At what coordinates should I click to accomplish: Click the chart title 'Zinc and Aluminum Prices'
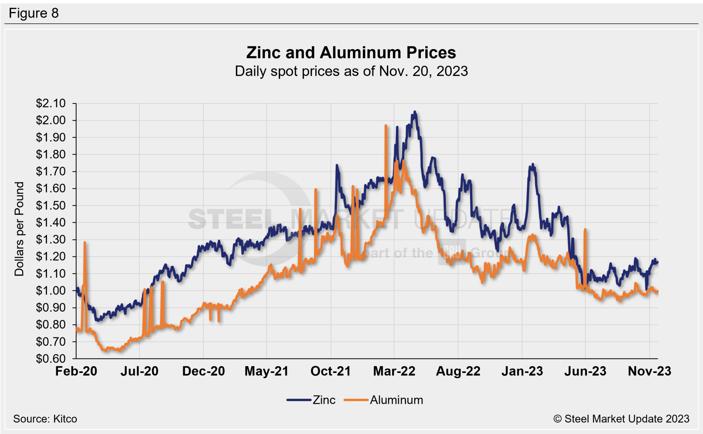coord(351,53)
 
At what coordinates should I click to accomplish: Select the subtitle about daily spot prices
coord(351,71)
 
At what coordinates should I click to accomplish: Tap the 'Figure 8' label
coord(34,13)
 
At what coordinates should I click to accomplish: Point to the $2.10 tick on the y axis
coord(50,103)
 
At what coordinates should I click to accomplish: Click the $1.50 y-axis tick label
coord(50,205)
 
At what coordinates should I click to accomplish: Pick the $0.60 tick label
coord(50,359)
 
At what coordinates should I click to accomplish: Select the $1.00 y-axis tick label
coord(50,291)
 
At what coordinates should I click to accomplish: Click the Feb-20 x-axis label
coord(76,371)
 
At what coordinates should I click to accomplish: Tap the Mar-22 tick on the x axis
coord(394,371)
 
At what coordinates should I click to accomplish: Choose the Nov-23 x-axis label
coord(649,371)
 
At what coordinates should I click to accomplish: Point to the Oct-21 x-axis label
coord(331,371)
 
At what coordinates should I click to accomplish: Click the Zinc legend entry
coord(311,400)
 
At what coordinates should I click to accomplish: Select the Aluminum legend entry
coord(384,400)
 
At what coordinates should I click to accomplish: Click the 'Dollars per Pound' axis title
coord(19,229)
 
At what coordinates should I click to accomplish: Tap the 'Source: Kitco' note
coord(45,419)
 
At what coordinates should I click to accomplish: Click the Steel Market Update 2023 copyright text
coord(621,419)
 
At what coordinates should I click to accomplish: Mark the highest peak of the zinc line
coord(415,112)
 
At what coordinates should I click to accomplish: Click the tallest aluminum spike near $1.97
coord(386,126)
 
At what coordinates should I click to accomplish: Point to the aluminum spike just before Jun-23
coord(585,230)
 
